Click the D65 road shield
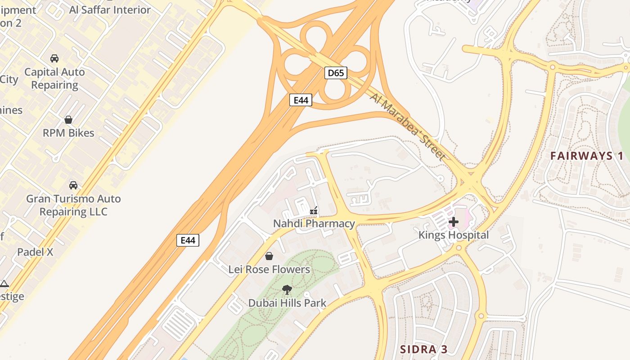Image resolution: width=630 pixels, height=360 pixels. (336, 72)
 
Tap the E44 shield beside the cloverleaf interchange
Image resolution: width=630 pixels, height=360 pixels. (301, 100)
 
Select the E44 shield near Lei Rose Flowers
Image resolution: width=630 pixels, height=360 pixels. (188, 240)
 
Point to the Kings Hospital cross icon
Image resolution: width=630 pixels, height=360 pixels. (454, 222)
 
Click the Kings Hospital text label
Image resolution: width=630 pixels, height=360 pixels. (454, 235)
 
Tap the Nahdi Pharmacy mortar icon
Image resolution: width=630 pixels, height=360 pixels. (314, 211)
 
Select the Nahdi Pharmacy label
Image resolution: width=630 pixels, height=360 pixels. (314, 224)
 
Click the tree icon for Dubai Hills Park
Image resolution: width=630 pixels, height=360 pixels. (287, 290)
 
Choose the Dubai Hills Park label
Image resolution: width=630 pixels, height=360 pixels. (287, 303)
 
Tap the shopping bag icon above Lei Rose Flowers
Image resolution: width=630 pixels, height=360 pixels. (269, 256)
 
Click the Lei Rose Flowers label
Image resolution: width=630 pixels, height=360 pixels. (269, 270)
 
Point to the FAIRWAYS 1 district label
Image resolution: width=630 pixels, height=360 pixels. (587, 156)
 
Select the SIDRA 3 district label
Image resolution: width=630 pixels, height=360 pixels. (424, 349)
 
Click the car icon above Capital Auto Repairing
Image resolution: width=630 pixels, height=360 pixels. (54, 58)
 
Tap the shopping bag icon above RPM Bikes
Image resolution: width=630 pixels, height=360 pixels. (68, 120)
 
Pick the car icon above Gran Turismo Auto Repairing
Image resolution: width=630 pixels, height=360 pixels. (73, 185)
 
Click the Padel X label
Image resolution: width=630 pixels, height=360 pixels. (35, 252)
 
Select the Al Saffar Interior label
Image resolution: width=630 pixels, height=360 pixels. (110, 10)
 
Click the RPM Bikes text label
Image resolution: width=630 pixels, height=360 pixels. (68, 133)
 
